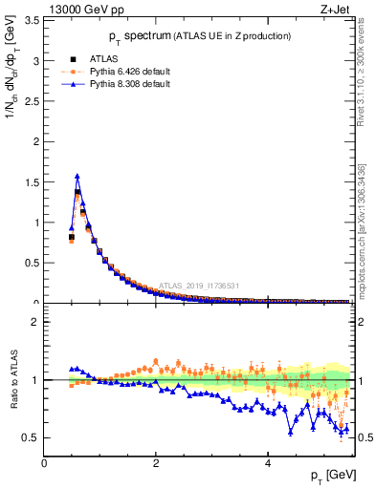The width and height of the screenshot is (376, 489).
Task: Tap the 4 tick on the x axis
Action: click(x=268, y=461)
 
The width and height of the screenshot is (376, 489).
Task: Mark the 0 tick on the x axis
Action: click(x=44, y=461)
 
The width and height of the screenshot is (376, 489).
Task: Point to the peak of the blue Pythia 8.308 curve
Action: click(x=77, y=176)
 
